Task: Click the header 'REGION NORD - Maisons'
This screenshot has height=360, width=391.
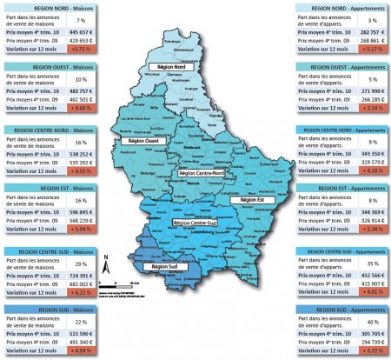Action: [x=49, y=7]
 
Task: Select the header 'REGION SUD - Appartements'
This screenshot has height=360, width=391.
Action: [x=341, y=309]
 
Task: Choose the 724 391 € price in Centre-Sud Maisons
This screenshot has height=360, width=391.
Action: [x=81, y=274]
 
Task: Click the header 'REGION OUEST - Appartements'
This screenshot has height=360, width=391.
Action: [x=341, y=67]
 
